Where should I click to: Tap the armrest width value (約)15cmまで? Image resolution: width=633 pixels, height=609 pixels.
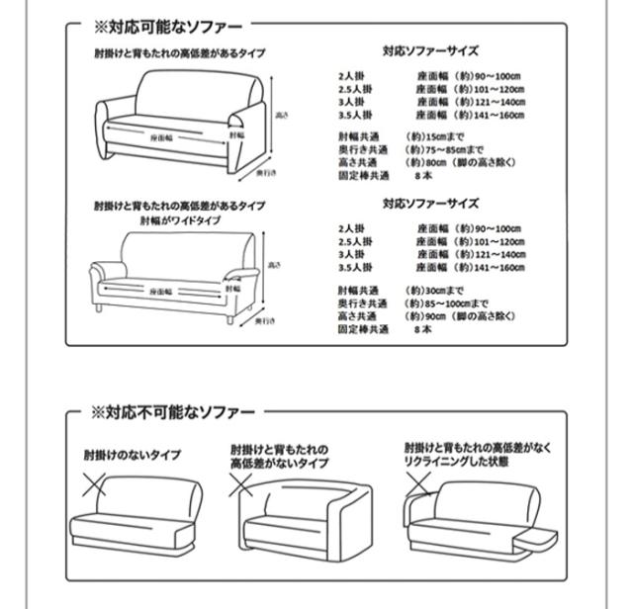tap(436, 135)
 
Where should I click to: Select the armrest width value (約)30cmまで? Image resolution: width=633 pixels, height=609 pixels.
tap(436, 290)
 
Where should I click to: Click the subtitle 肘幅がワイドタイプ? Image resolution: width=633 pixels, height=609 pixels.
tap(180, 220)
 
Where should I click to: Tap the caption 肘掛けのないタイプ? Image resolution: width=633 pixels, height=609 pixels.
tap(132, 456)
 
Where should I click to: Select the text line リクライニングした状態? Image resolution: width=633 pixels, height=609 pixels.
tap(455, 462)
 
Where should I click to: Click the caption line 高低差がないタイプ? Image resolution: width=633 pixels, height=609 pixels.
tap(280, 463)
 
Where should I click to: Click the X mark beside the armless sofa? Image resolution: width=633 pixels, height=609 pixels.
tap(94, 485)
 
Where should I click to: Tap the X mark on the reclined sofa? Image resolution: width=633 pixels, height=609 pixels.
tap(419, 483)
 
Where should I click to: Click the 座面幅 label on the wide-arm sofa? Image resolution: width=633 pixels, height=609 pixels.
tap(162, 292)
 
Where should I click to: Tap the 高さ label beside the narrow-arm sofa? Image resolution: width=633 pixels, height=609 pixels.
tap(281, 116)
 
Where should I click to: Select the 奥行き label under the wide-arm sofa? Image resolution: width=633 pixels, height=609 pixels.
tap(264, 321)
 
